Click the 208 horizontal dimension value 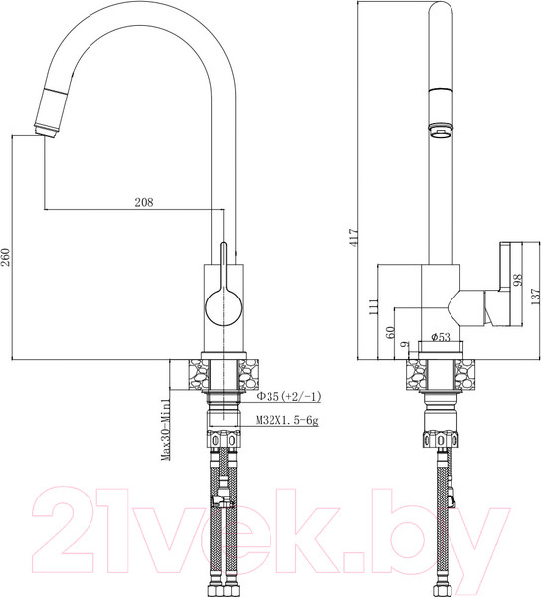click(143, 202)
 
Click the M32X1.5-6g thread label click(285, 421)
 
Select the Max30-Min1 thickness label click(170, 426)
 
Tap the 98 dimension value click(516, 284)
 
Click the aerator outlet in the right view click(438, 129)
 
